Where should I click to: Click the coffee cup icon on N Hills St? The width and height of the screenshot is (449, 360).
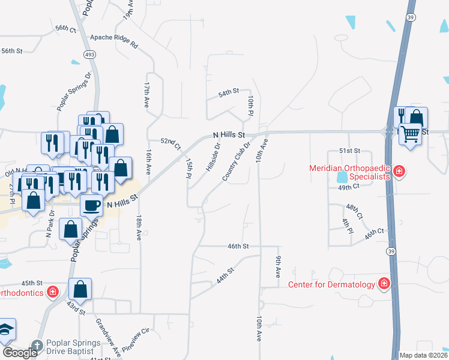click(x=92, y=205)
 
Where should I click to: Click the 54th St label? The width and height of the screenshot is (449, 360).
click(x=229, y=94)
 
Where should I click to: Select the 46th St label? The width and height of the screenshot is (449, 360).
click(x=238, y=246)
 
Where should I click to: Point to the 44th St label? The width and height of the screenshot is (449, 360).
click(x=224, y=277)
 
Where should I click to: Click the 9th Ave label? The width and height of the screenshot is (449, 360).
click(x=279, y=266)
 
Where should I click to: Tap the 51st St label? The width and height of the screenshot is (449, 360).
click(x=349, y=151)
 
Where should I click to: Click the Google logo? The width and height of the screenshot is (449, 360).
click(x=20, y=353)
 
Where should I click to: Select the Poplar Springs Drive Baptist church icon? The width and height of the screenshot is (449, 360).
click(x=37, y=345)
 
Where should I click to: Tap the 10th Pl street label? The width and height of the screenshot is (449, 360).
click(x=252, y=106)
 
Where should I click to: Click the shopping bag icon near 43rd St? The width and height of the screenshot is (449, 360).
click(x=80, y=289)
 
